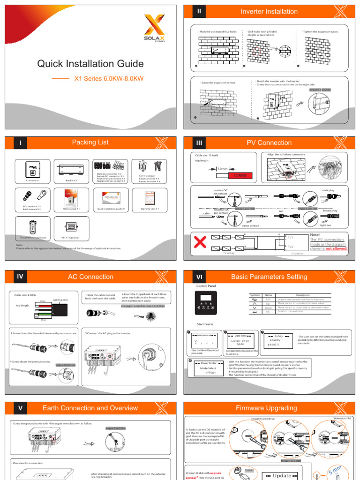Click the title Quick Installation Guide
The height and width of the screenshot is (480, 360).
pos(90,64)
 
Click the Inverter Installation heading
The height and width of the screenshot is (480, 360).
pos(269,12)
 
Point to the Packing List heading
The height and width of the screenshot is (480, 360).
pos(90,142)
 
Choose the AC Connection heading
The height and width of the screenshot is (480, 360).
pos(90,277)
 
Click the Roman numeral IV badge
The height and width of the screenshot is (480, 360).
pos(20,277)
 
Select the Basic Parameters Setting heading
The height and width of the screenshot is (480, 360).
pos(269,277)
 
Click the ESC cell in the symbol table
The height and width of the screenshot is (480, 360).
pos(269,299)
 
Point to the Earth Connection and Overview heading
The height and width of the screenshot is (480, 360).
pos(90,408)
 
